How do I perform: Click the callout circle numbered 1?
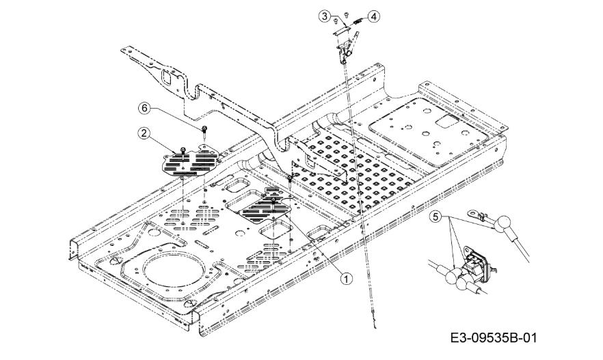click(x=346, y=279)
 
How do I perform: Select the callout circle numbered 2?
click(x=144, y=133)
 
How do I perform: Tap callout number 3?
click(x=325, y=16)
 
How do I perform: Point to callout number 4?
click(x=374, y=16)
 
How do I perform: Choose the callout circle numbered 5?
click(x=435, y=217)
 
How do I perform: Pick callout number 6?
click(x=144, y=108)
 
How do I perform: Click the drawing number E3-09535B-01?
click(x=494, y=338)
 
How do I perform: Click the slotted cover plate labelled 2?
click(x=191, y=161)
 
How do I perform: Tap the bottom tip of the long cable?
click(x=375, y=328)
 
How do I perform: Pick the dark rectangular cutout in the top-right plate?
click(x=447, y=121)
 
